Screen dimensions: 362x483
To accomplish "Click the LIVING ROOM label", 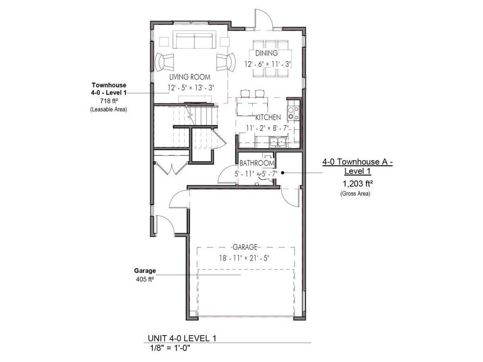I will [190, 76].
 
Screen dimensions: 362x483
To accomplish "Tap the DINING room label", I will [266, 53].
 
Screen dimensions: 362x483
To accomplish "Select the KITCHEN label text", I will [268, 117].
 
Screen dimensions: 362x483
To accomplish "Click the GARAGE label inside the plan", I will [244, 247].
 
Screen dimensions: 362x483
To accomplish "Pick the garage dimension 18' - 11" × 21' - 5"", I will [244, 257].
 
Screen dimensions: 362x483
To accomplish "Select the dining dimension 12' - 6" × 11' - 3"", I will [267, 64].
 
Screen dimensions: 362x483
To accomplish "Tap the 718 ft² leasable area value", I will [108, 101].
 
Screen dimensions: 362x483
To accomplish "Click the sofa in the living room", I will [194, 41].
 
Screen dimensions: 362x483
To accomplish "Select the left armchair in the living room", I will [165, 61].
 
